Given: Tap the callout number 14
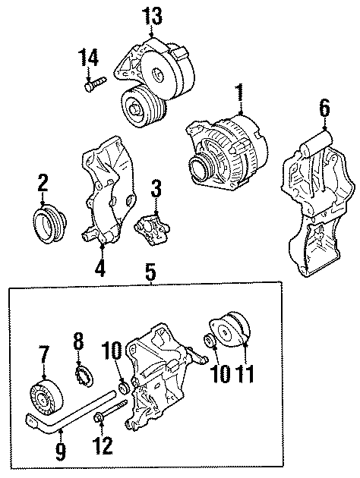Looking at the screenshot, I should (x=90, y=57).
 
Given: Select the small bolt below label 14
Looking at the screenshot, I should (x=92, y=86).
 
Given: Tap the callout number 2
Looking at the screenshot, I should (x=43, y=182).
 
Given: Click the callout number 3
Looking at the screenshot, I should (x=155, y=188).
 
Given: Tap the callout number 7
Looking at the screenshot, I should (x=43, y=353).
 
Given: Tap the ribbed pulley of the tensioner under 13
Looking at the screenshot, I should (x=139, y=106).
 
